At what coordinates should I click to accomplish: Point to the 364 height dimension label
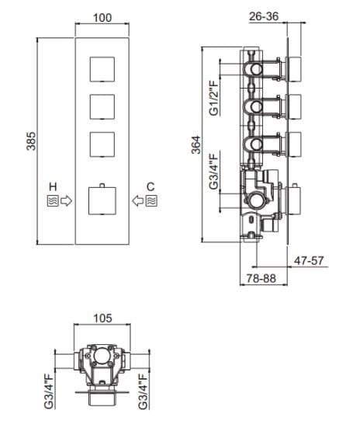click(x=196, y=146)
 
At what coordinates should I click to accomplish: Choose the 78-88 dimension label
click(x=256, y=277)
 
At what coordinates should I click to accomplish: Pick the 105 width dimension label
click(x=103, y=318)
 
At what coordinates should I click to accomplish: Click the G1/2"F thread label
click(x=214, y=98)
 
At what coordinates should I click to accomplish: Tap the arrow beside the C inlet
click(x=137, y=201)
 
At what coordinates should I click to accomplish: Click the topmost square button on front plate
click(x=102, y=68)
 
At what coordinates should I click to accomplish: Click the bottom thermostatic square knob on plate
click(x=102, y=200)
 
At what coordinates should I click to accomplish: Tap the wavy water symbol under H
click(x=52, y=201)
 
